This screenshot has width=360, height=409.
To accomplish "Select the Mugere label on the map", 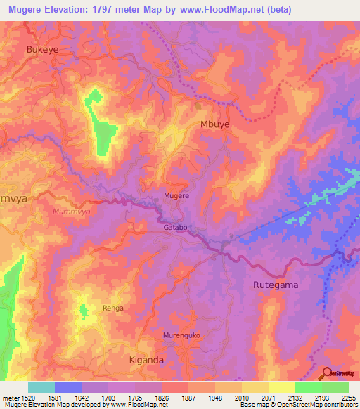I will pos(176,196).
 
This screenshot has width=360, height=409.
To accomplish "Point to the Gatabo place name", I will pos(176,228).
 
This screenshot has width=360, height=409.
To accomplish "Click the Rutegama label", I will pos(276,285).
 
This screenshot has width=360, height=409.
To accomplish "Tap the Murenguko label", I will pos(182,335).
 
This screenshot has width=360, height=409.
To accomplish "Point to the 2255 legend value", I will pos(347,398).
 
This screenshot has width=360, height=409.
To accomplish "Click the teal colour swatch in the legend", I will pos(41,387).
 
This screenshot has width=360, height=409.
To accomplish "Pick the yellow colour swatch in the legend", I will pos(281,387).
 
